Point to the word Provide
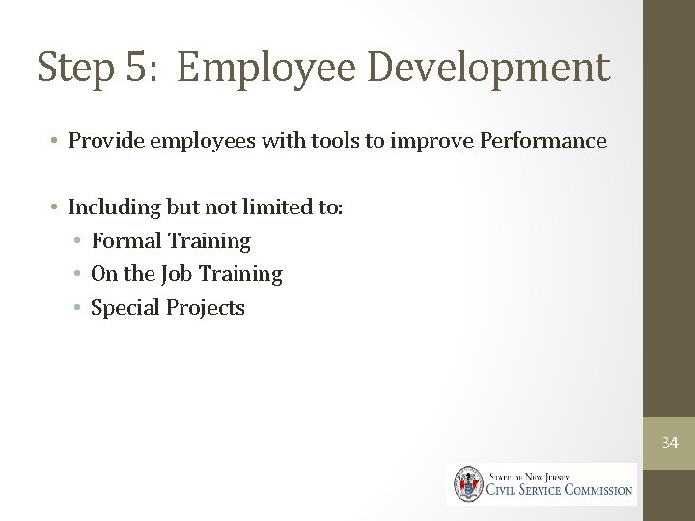click(x=102, y=142)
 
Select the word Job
click(x=179, y=274)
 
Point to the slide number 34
click(x=669, y=443)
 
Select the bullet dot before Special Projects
click(x=77, y=309)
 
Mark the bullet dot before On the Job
click(x=77, y=275)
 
